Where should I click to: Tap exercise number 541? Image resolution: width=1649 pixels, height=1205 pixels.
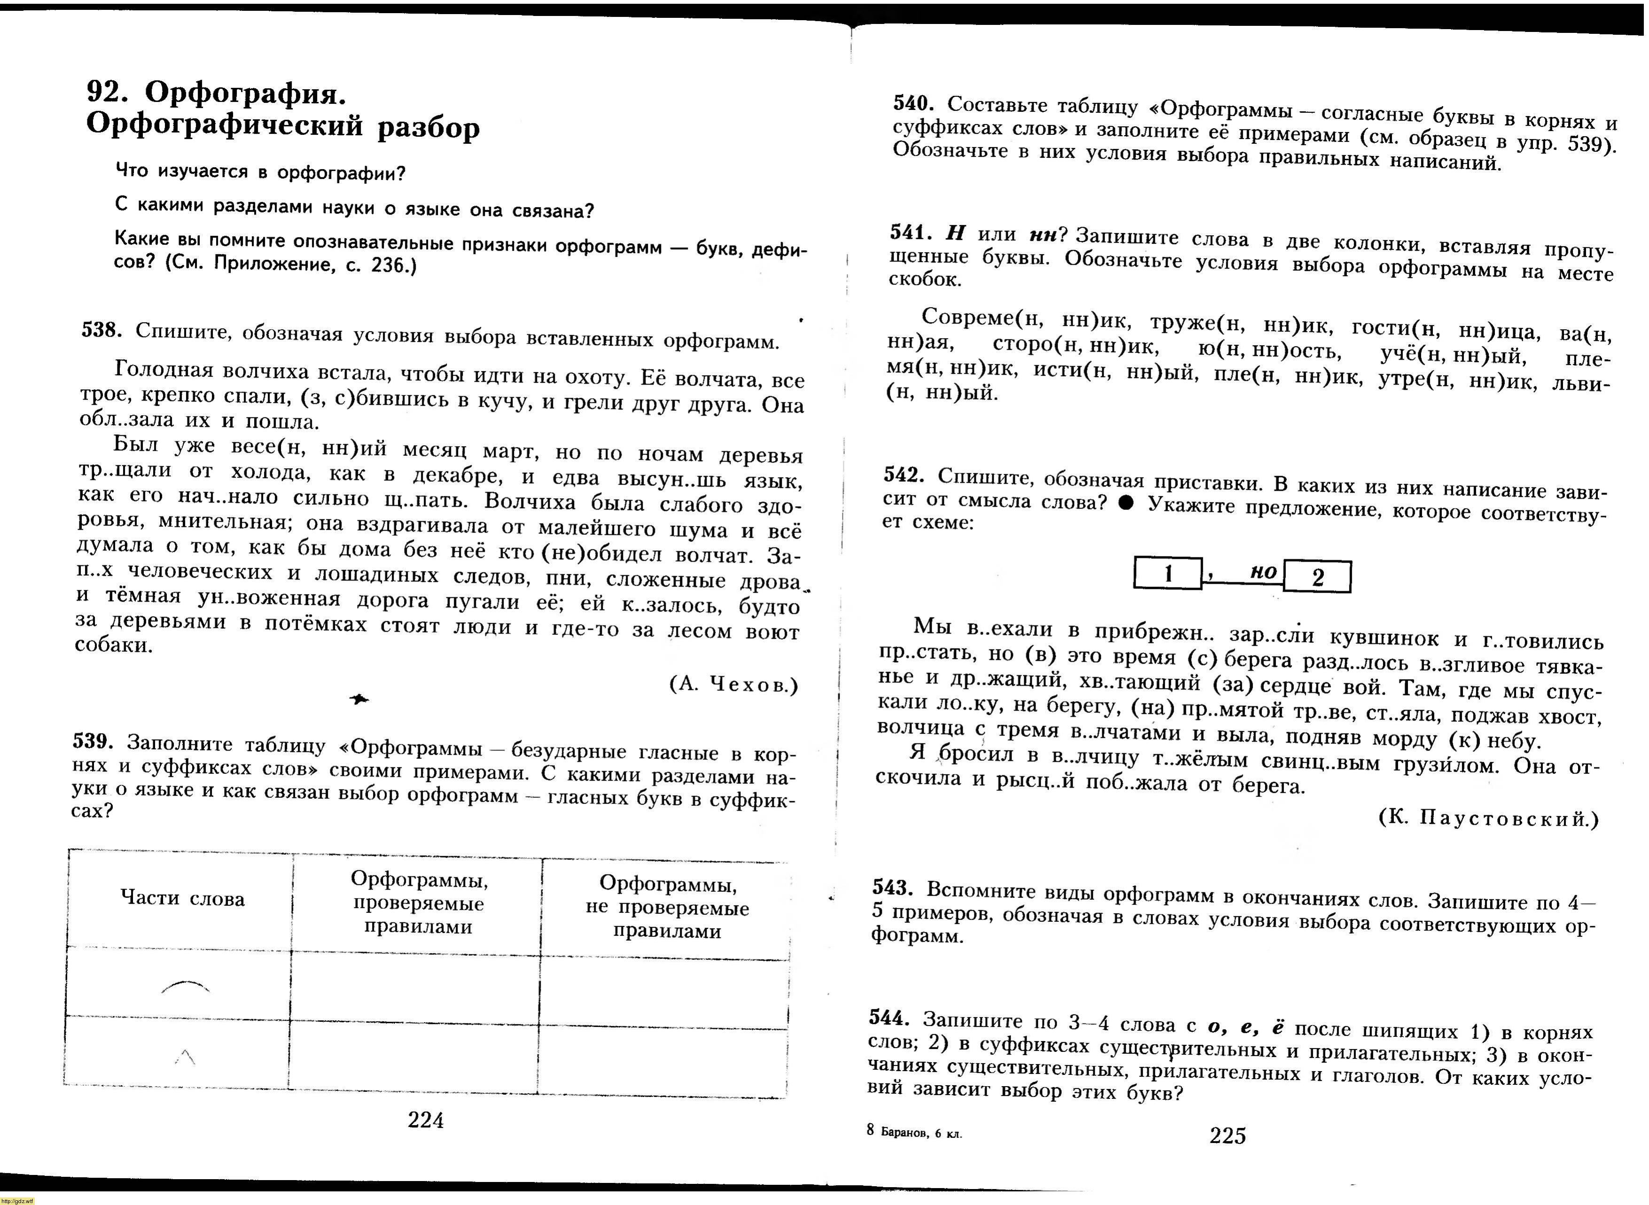(x=910, y=232)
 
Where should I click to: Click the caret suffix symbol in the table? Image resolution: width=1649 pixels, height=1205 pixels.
(x=185, y=1056)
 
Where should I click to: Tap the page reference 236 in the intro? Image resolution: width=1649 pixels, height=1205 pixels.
(x=388, y=265)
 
